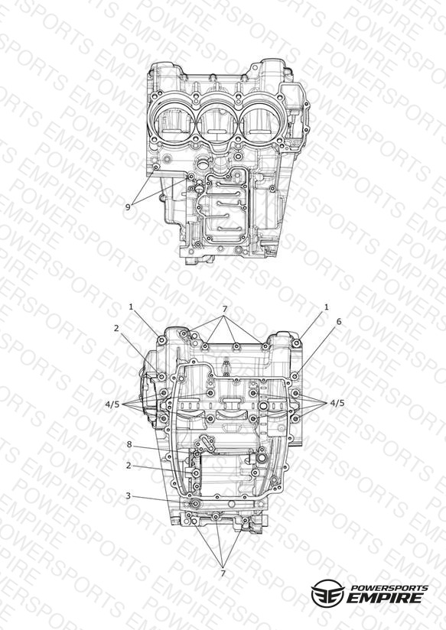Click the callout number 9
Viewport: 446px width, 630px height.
[x=128, y=207]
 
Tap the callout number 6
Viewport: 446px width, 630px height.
[x=339, y=321]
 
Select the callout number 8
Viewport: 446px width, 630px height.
[x=129, y=444]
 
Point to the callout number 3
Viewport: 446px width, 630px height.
[x=129, y=495]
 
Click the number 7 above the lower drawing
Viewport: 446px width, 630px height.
[x=225, y=309]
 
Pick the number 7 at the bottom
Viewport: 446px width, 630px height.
[x=223, y=573]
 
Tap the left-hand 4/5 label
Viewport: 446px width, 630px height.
[x=112, y=404]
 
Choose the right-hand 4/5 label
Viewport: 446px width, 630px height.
[x=337, y=403]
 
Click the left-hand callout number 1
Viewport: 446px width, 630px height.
[x=131, y=307]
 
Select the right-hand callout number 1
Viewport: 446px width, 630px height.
[x=326, y=307]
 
